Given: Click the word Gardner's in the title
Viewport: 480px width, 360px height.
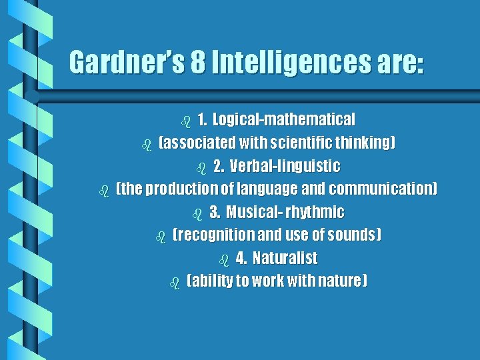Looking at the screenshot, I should pos(126,63).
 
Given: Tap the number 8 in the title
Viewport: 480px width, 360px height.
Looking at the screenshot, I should pos(198,63).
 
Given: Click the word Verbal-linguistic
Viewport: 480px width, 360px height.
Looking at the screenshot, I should pos(285,166).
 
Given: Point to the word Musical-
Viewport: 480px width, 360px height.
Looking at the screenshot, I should pos(253,212).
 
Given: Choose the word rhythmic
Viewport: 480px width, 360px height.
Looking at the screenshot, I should pos(315,212).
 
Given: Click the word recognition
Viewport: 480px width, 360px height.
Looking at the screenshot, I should pos(214,235).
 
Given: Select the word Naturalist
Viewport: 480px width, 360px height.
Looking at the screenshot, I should pos(285,258).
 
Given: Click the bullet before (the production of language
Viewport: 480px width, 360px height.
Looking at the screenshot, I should pos(103,191).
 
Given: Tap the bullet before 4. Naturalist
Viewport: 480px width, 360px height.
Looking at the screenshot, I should pos(223,259).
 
